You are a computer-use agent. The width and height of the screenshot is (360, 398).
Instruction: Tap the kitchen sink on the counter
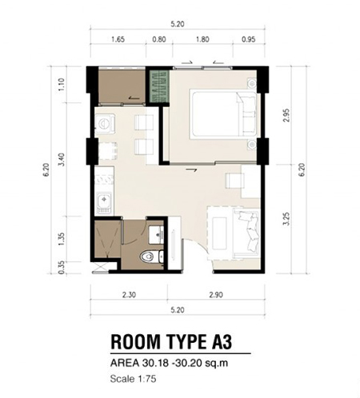[x=104, y=203]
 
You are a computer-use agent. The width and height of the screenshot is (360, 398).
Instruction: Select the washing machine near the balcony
[x=105, y=123]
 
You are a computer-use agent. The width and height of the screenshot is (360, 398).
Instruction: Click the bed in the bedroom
[x=223, y=114]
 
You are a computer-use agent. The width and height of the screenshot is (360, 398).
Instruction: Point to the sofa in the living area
[x=246, y=234]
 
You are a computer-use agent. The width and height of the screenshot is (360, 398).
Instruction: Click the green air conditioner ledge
[x=159, y=86]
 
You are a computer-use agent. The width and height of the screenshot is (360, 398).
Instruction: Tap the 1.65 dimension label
[x=118, y=39]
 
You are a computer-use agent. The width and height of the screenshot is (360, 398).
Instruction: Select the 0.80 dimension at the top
[x=159, y=39]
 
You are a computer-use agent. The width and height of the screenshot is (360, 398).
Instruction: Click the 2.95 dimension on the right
[x=286, y=115]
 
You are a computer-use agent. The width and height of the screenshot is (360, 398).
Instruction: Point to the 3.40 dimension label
[x=62, y=159]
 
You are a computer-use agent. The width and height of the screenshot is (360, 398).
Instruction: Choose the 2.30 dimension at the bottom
[x=129, y=295]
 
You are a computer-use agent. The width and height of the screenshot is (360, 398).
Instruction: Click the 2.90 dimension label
[x=216, y=295]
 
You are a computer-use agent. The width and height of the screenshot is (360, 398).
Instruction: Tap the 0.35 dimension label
[x=61, y=267]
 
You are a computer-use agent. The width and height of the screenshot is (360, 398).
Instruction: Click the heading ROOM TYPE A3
[x=171, y=342]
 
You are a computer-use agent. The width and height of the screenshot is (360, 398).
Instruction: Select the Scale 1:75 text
[x=133, y=379]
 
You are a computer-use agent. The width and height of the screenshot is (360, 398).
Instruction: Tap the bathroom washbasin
[x=156, y=235]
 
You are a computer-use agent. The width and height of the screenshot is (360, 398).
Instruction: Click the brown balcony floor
[x=122, y=86]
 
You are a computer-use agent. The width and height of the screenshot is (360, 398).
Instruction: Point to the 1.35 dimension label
[x=61, y=239]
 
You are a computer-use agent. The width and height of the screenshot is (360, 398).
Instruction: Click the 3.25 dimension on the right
[x=286, y=219]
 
